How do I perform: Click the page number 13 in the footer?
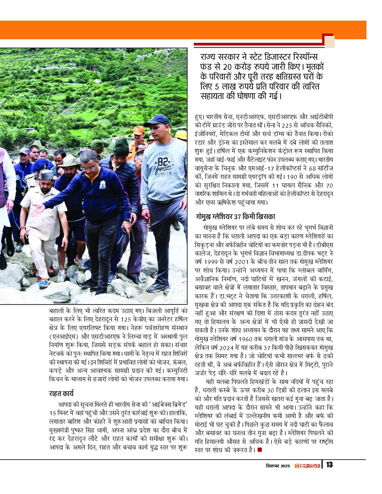pos(329,465)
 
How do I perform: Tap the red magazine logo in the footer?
pos(307,465)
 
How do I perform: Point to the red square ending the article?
pos(260,450)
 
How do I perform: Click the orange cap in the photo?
pos(139,130)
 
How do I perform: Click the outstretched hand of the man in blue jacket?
pos(37,210)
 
